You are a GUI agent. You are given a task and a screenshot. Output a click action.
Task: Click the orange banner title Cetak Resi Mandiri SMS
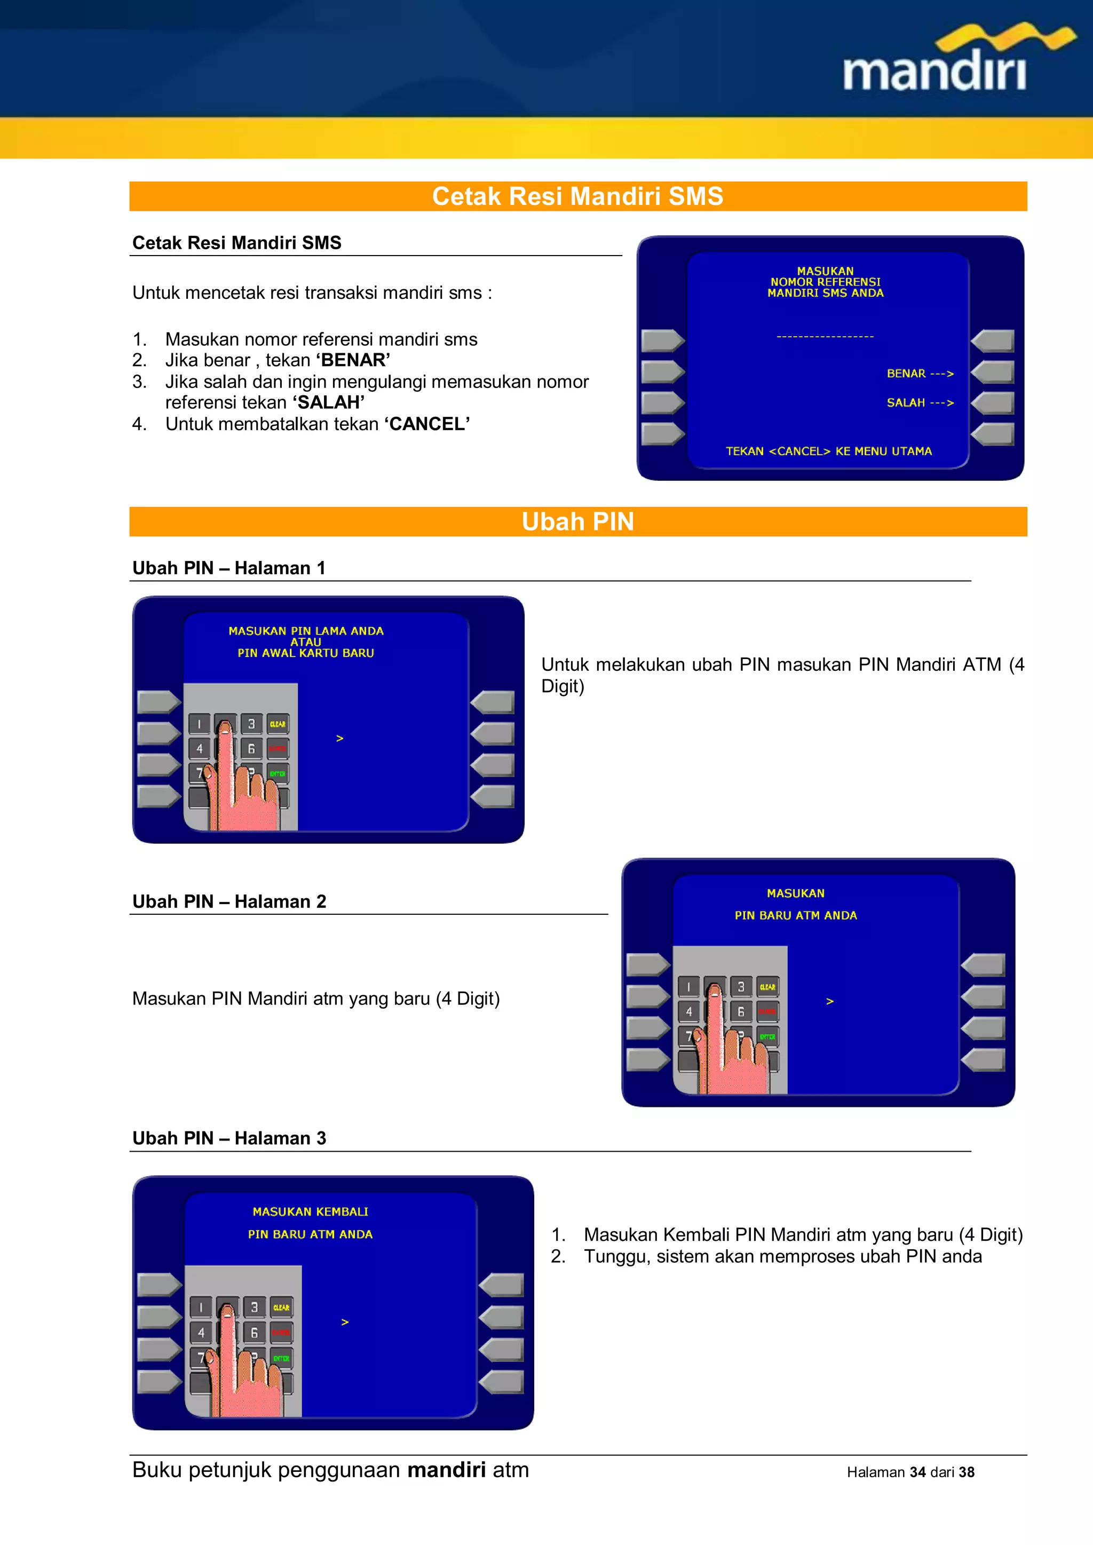pyautogui.click(x=577, y=196)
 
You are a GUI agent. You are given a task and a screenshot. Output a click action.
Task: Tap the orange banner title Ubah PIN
pyautogui.click(x=577, y=521)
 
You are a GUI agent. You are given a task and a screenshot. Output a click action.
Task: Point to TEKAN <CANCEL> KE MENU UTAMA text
pyautogui.click(x=828, y=451)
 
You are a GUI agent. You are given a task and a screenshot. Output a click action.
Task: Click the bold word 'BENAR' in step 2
pyautogui.click(x=353, y=360)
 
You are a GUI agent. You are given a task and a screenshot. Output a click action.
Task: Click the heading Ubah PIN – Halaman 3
pyautogui.click(x=229, y=1138)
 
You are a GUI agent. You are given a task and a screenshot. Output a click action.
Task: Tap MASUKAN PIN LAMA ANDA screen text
pyautogui.click(x=306, y=631)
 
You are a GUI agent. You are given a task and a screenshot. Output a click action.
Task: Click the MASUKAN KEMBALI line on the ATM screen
pyautogui.click(x=310, y=1211)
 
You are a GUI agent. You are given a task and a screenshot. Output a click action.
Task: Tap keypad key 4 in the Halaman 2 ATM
pyautogui.click(x=688, y=1011)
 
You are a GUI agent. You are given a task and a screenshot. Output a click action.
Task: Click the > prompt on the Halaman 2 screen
pyautogui.click(x=830, y=1001)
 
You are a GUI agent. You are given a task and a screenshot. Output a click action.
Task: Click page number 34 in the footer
pyautogui.click(x=917, y=1472)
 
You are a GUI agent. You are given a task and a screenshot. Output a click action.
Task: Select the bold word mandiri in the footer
pyautogui.click(x=446, y=1470)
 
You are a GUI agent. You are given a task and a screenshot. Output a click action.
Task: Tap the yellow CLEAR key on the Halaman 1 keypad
pyautogui.click(x=278, y=724)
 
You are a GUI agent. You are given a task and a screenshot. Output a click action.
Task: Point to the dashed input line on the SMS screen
pyautogui.click(x=825, y=336)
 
